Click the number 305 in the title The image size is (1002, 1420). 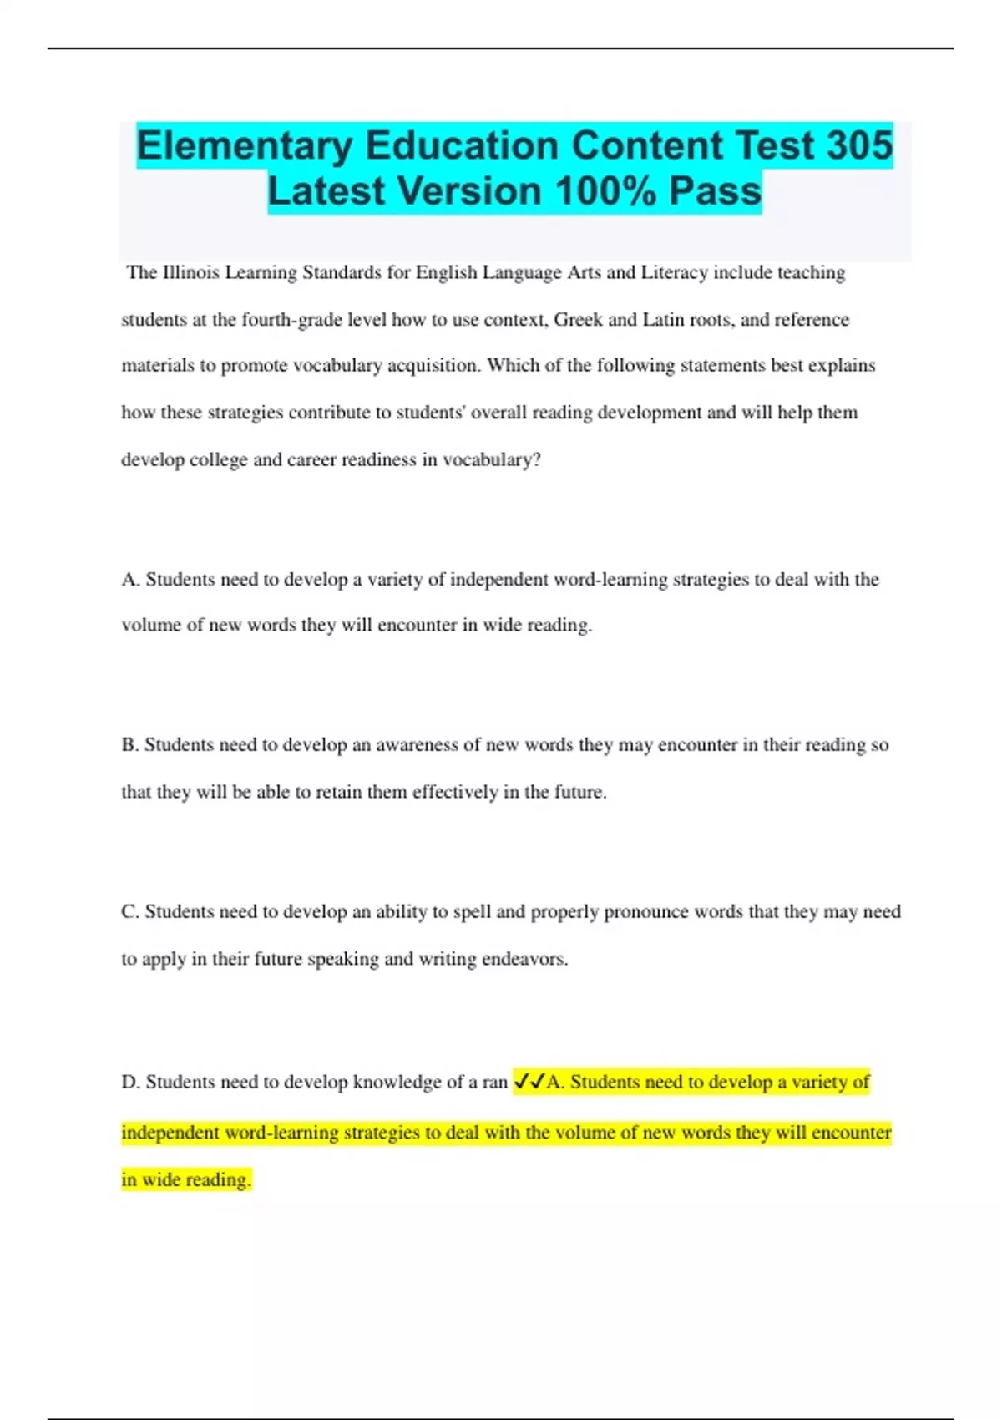[x=859, y=145]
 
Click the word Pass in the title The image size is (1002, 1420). [x=716, y=191]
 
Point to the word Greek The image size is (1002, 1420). [x=578, y=319]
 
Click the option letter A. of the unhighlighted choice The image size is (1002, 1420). [x=130, y=579]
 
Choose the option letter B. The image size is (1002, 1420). [x=130, y=744]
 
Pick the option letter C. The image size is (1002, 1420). [x=130, y=911]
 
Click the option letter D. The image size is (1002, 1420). [x=130, y=1082]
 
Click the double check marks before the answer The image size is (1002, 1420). [x=529, y=1082]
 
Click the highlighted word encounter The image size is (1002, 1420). [x=852, y=1133]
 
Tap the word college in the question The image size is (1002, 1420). [x=220, y=459]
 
